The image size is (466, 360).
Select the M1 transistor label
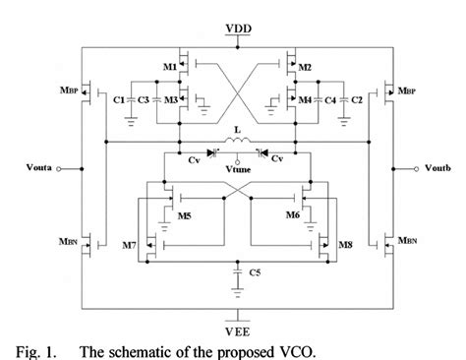[x=170, y=67]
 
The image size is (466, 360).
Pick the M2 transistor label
[x=305, y=67]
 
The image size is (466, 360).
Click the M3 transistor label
[x=170, y=100]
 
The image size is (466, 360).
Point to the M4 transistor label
[x=306, y=100]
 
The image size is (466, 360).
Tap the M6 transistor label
[x=291, y=213]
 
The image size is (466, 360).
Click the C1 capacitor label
[x=118, y=100]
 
